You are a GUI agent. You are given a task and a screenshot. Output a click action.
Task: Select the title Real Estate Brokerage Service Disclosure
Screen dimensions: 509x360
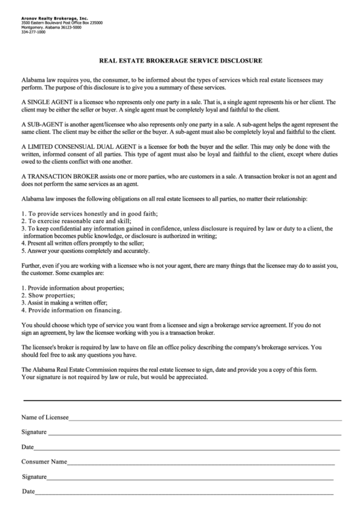180,60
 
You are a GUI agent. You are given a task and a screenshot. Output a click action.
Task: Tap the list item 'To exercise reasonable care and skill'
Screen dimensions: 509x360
76,222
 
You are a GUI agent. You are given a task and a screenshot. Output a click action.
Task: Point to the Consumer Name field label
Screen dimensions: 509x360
44,461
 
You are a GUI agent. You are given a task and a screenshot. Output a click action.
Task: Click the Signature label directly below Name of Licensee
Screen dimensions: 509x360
33,432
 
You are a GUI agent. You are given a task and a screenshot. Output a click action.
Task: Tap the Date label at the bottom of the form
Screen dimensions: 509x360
28,491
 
